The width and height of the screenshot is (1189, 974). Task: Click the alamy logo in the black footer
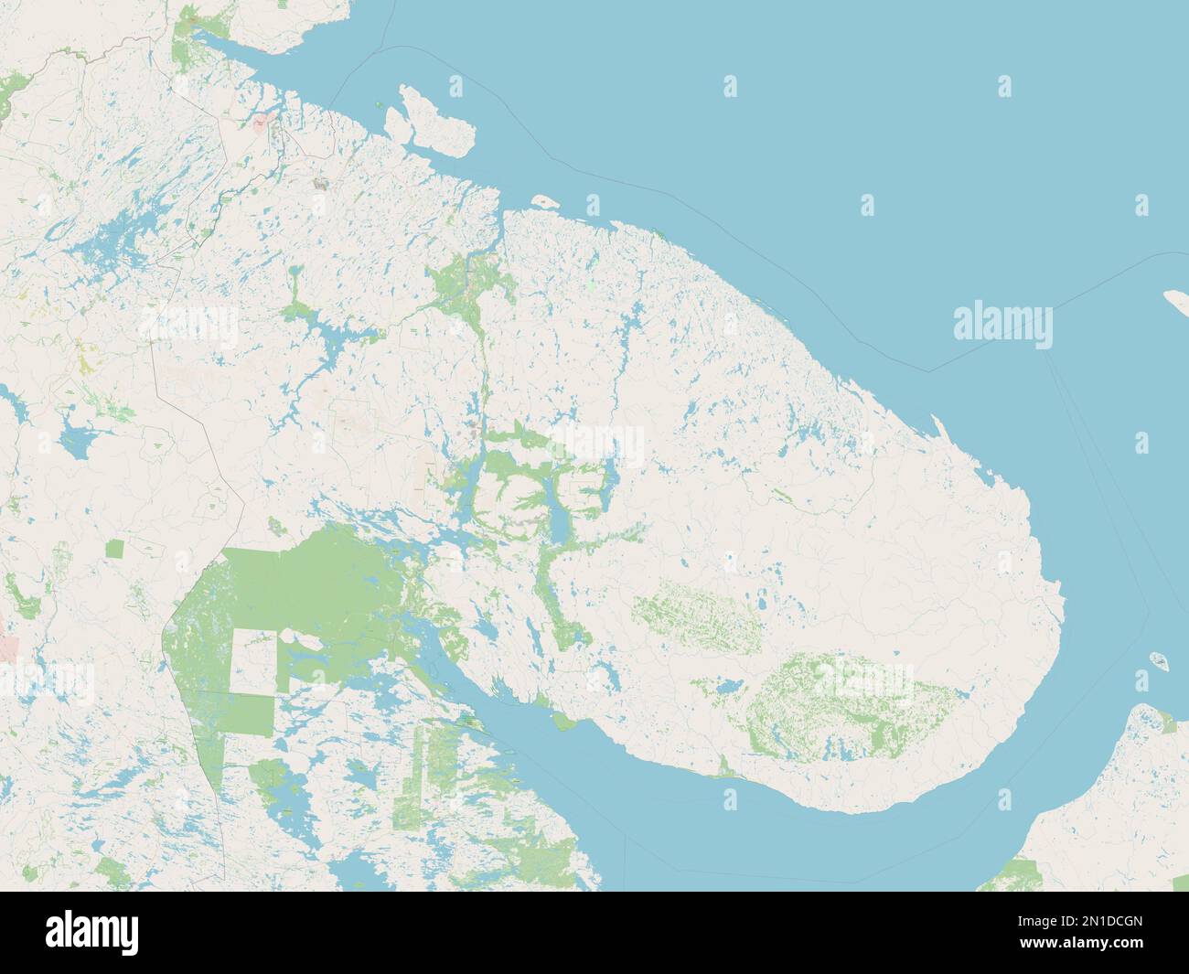point(95,932)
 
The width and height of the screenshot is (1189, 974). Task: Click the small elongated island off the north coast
point(545,200)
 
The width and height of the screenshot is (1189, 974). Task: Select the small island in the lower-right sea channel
point(1158,659)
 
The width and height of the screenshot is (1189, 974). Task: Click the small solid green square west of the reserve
point(115,549)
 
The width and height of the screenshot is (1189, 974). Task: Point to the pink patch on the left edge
point(8,648)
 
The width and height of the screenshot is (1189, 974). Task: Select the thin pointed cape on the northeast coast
point(938,424)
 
